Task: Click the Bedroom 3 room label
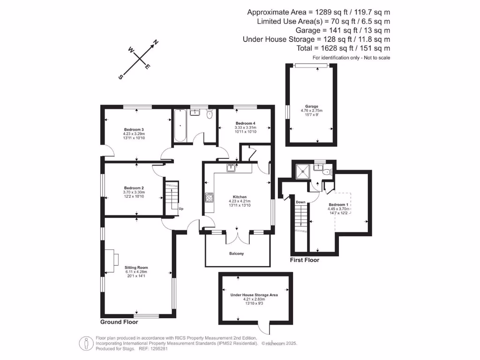[x=134, y=129]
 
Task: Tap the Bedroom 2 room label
[x=134, y=188]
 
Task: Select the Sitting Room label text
[x=136, y=267]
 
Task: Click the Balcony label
[x=236, y=254]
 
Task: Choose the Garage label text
[x=312, y=106]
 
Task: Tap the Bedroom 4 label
[x=244, y=123]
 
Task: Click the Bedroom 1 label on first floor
[x=338, y=205]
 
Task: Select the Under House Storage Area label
[x=254, y=295]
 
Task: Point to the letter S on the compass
[x=120, y=76]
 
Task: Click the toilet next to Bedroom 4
[x=209, y=114]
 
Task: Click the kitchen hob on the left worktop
[x=208, y=199]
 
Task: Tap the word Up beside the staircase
[x=181, y=208]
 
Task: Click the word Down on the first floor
[x=300, y=202]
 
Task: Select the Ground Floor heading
[x=119, y=322]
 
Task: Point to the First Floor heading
[x=305, y=260]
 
